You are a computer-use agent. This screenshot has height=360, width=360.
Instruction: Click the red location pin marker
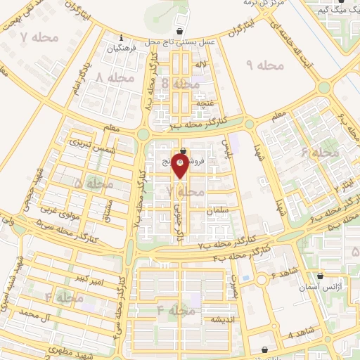click(181, 167)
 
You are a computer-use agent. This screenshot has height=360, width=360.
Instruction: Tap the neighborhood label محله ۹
click(264, 65)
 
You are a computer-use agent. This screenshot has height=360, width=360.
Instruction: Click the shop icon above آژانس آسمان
click(321, 276)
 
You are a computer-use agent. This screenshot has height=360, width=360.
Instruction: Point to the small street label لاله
click(201, 64)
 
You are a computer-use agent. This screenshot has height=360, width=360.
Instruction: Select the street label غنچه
click(205, 103)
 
